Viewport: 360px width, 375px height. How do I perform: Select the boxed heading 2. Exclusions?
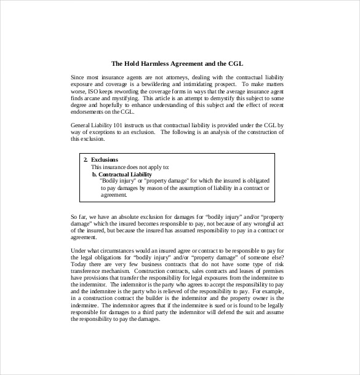pos(101,160)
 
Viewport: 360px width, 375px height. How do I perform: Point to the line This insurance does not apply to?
pos(130,167)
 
